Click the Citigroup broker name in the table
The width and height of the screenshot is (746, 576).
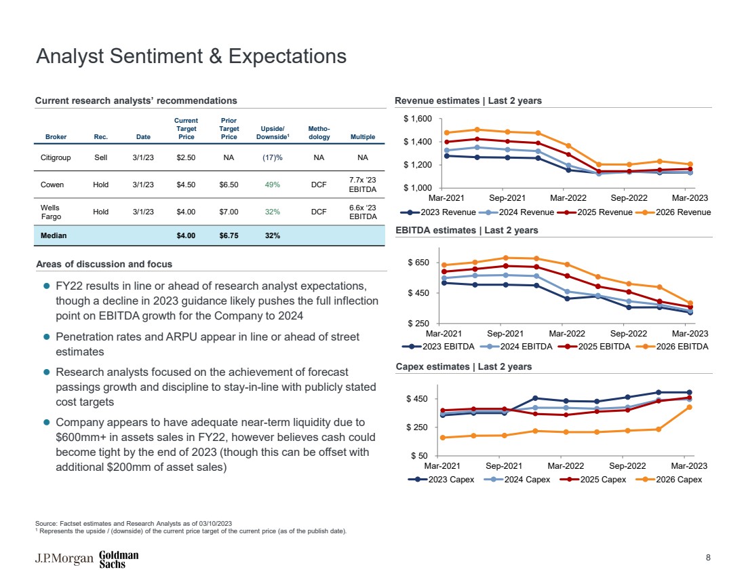(x=56, y=158)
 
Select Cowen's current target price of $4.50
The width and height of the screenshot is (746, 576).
(x=186, y=184)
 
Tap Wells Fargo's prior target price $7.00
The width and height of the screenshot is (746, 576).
(x=229, y=212)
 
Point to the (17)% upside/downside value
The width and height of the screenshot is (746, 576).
(x=272, y=158)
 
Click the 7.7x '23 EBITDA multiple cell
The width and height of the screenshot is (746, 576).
(x=362, y=184)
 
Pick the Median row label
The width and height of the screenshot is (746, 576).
(x=54, y=235)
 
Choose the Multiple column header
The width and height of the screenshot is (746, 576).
(x=363, y=137)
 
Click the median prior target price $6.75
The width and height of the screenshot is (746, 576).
(x=229, y=235)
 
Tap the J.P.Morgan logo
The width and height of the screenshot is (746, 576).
(x=64, y=559)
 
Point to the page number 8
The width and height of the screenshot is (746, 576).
(x=708, y=558)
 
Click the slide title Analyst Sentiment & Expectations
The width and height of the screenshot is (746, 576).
(x=191, y=56)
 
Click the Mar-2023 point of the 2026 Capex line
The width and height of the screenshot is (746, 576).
(x=689, y=406)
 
